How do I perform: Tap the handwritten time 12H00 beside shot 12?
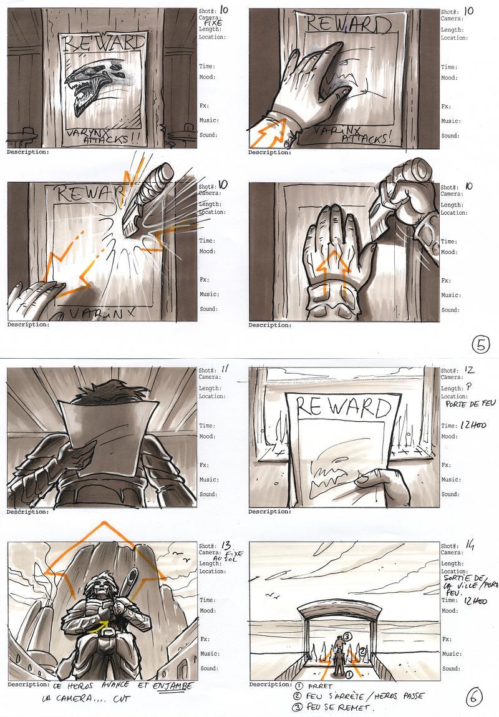472,426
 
